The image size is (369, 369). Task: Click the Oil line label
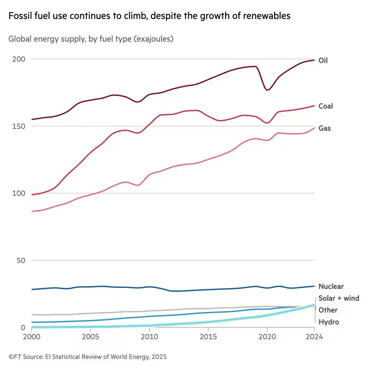[x=323, y=61]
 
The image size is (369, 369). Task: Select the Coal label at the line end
[x=326, y=106]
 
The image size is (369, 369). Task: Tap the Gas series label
[x=325, y=128]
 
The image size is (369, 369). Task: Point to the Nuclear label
[x=331, y=286]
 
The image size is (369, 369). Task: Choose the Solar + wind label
[x=338, y=298]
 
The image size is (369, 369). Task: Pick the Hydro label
[x=328, y=322]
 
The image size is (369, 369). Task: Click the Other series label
[x=328, y=310]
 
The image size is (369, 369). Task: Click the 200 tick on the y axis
[x=19, y=59]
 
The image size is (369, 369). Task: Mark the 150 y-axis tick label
[x=19, y=126]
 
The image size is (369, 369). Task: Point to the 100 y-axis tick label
[x=19, y=193]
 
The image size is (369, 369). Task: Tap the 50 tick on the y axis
[x=21, y=260]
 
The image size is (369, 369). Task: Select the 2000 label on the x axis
[x=32, y=336]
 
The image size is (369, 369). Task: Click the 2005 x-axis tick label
[x=91, y=336]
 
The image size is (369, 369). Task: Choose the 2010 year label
[x=150, y=336]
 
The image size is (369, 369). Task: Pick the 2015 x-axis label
[x=209, y=336]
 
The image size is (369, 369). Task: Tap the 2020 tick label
[x=267, y=336]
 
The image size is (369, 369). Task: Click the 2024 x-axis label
[x=314, y=336]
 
